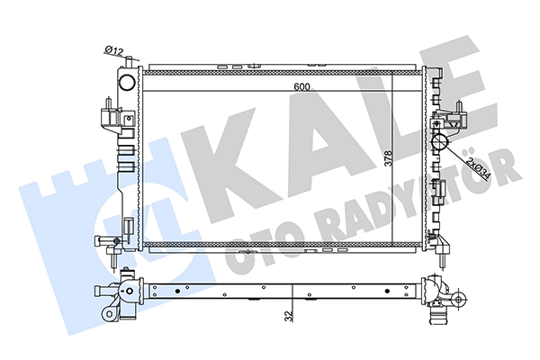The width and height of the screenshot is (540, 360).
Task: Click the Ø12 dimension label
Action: (x=113, y=50)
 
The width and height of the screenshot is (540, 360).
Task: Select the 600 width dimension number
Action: (x=302, y=86)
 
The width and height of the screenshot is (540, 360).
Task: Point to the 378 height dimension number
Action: (x=389, y=158)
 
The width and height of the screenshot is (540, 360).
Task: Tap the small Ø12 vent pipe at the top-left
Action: (x=129, y=62)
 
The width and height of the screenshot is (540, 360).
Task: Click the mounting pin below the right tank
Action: (x=443, y=259)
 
